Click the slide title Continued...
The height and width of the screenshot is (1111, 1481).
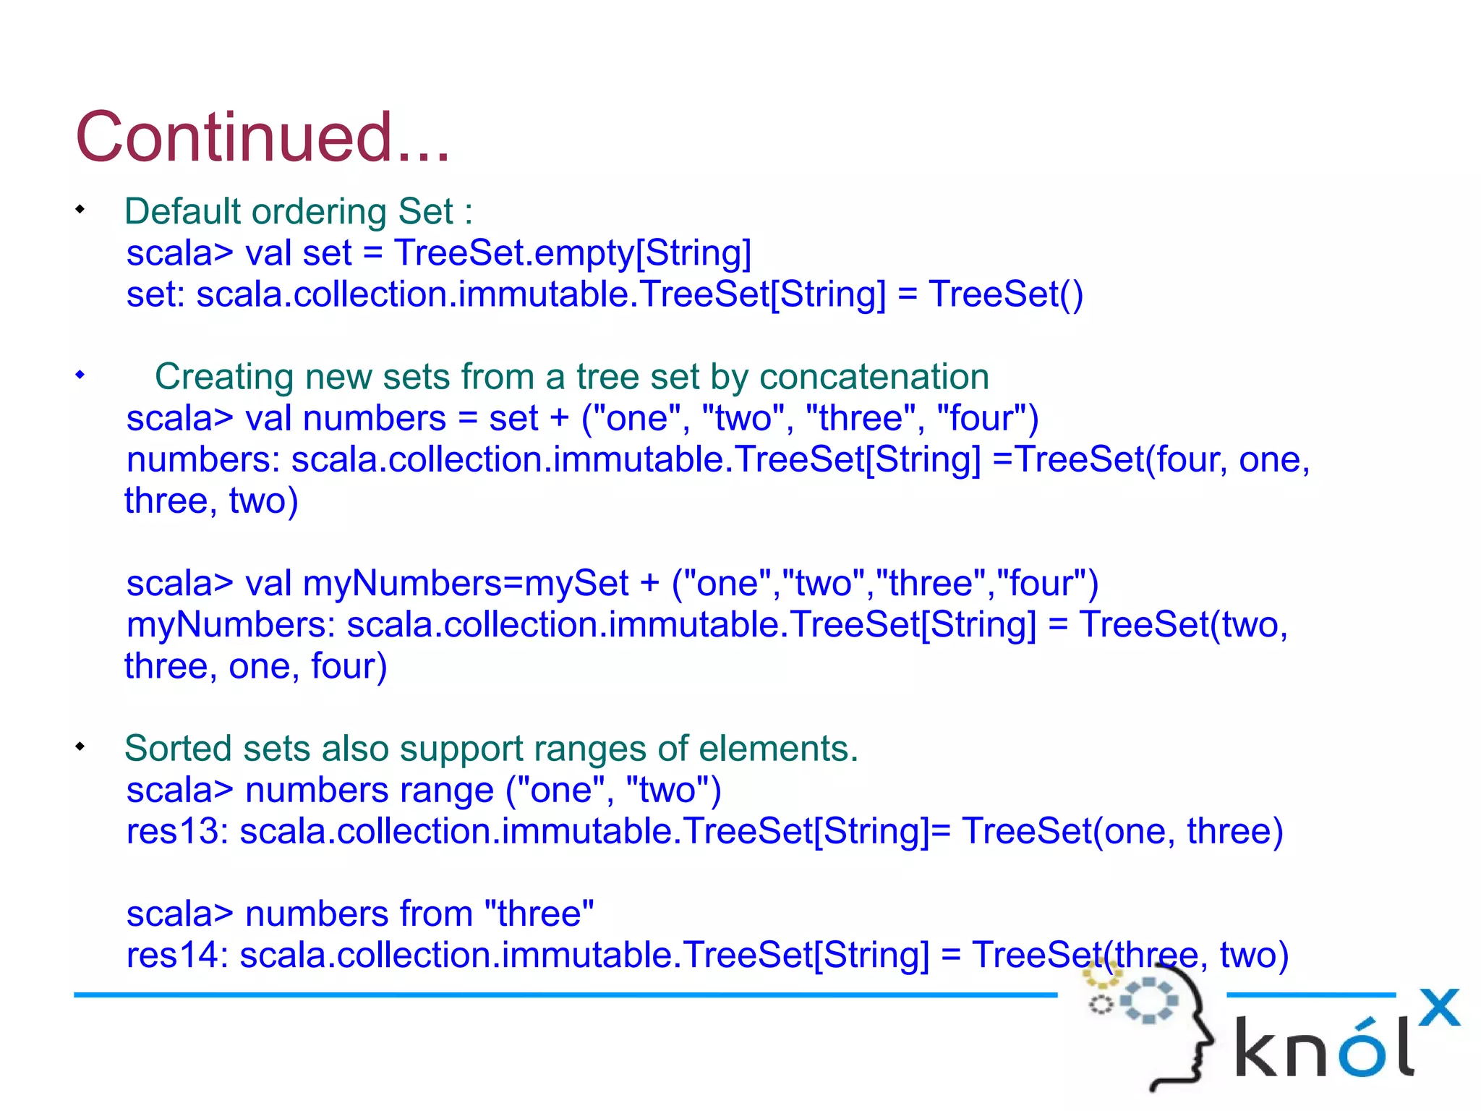point(262,137)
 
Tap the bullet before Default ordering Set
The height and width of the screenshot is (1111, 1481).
point(80,210)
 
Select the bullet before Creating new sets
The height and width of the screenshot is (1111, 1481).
point(80,375)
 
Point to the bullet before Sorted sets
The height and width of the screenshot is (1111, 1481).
point(80,746)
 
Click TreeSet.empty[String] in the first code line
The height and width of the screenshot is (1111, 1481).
point(572,253)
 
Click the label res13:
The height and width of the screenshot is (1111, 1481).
point(177,831)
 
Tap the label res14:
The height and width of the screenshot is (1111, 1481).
point(177,955)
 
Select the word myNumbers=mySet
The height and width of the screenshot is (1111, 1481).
point(466,584)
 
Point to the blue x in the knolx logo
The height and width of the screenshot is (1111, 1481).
point(1439,1007)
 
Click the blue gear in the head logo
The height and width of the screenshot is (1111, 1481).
point(1149,1000)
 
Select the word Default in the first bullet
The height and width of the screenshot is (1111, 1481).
point(182,212)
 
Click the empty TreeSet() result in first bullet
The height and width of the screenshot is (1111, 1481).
point(1005,294)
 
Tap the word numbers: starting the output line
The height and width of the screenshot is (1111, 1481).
point(203,460)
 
